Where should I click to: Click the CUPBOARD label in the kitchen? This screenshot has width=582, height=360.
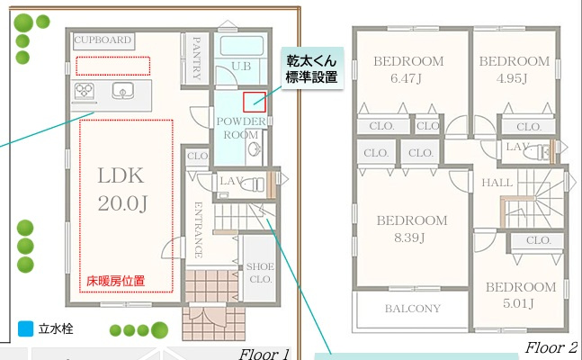coord(103,40)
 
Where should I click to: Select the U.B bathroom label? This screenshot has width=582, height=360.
coord(241,66)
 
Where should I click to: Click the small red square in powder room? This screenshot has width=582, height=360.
coord(254,103)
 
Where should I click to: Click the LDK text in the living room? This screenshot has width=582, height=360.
coord(121,175)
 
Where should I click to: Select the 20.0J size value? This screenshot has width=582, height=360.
coord(121,203)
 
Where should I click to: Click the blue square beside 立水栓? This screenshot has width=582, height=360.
coord(24,329)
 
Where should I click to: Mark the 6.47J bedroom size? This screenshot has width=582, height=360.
coord(409,79)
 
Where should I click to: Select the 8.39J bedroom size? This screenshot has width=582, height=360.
coord(411,238)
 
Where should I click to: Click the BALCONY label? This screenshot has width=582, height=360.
coord(413,309)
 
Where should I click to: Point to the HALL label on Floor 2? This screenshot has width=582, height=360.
coord(497,183)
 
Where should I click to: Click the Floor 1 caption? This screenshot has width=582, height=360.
coord(264,354)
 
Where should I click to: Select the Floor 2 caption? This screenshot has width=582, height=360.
coord(551,346)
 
